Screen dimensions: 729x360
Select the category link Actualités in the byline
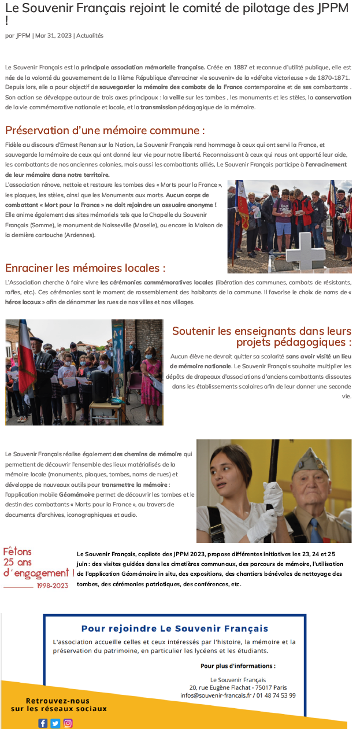click(90, 36)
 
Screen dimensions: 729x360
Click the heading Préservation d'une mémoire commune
click(105, 130)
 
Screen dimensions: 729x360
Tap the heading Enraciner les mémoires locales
click(86, 268)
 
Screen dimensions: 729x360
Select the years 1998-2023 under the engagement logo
click(52, 586)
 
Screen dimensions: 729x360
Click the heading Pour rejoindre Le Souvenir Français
click(175, 628)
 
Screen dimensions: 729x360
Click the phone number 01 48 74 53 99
click(276, 695)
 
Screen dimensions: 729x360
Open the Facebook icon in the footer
click(43, 723)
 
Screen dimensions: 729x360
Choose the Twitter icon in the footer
click(55, 723)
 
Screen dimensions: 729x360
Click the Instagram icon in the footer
click(68, 723)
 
